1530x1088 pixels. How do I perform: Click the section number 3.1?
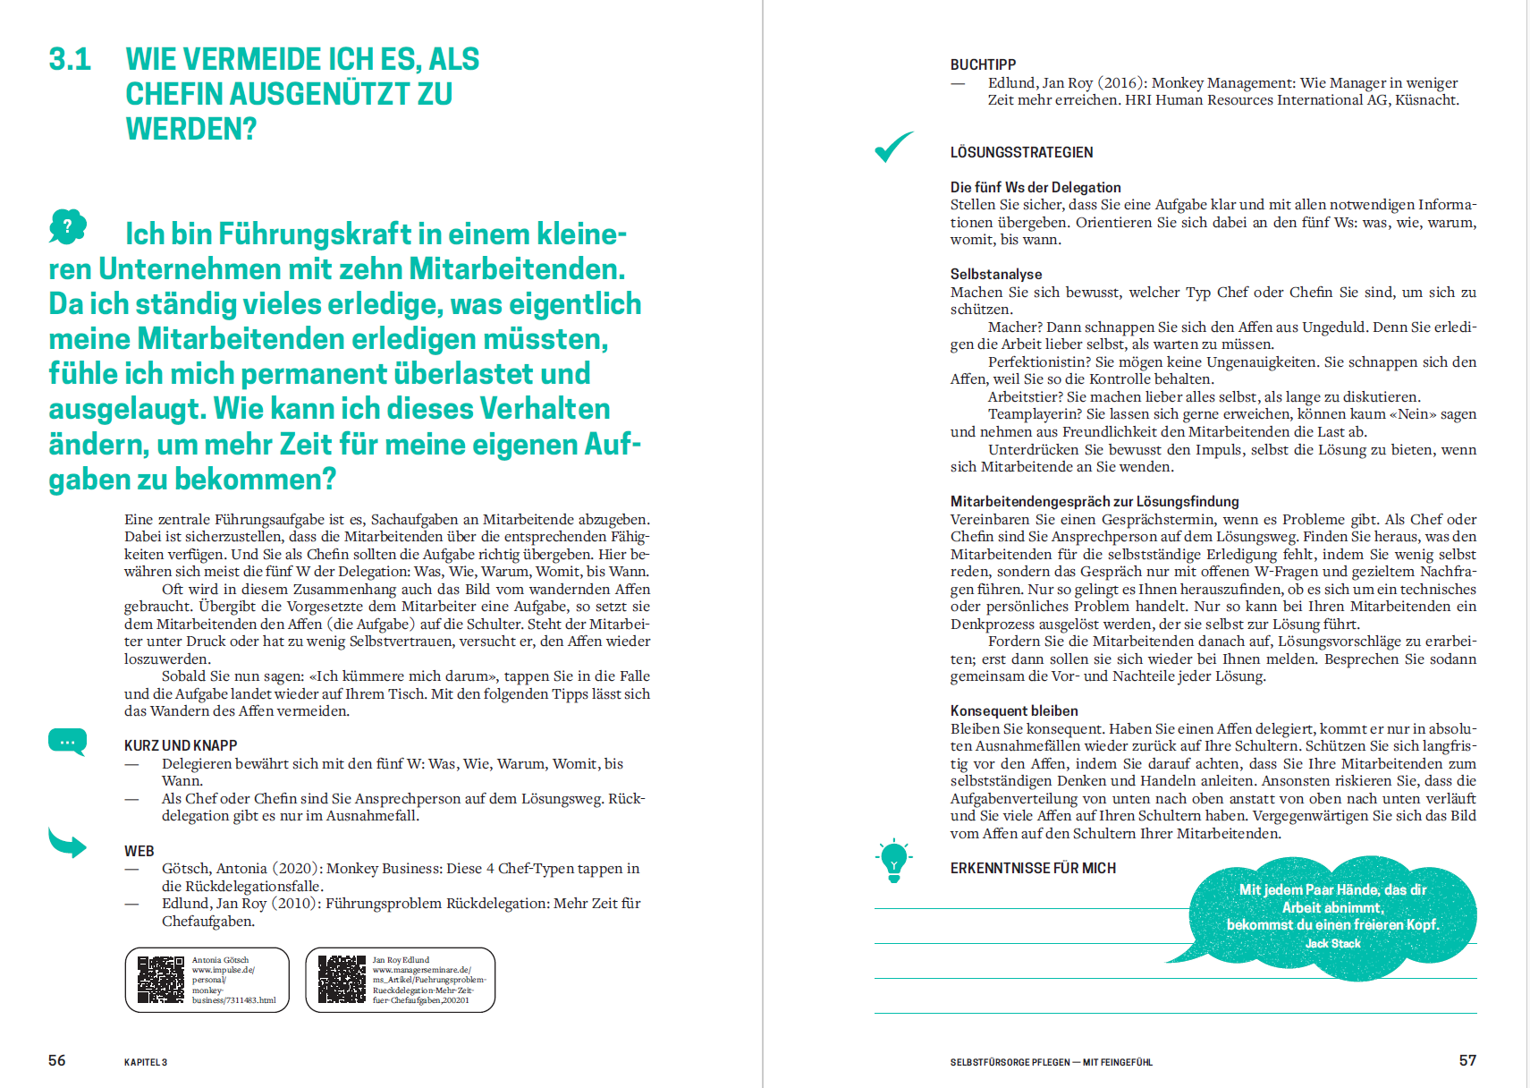click(x=70, y=59)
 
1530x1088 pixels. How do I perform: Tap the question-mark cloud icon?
click(x=68, y=226)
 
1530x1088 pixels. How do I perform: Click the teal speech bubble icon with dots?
click(x=67, y=742)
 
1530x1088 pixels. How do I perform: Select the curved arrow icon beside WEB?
click(x=67, y=843)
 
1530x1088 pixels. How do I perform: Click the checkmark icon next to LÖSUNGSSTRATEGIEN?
click(x=893, y=147)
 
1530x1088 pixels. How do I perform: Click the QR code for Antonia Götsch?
click(x=161, y=980)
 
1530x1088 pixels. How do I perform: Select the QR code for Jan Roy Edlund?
click(x=342, y=980)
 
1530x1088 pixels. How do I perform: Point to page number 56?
click(x=56, y=1060)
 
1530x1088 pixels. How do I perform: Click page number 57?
click(x=1467, y=1060)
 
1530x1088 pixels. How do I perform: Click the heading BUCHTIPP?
click(x=983, y=64)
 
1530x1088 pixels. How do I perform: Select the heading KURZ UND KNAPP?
click(x=181, y=745)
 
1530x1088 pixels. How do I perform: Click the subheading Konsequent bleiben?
click(x=1014, y=710)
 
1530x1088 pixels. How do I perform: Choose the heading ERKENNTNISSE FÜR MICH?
click(x=1033, y=868)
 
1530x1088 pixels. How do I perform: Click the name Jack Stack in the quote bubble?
click(x=1332, y=943)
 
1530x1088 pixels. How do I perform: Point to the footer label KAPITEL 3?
click(x=146, y=1062)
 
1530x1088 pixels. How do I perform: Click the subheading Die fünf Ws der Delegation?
click(x=1035, y=187)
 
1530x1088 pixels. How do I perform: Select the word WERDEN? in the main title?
click(x=191, y=129)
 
